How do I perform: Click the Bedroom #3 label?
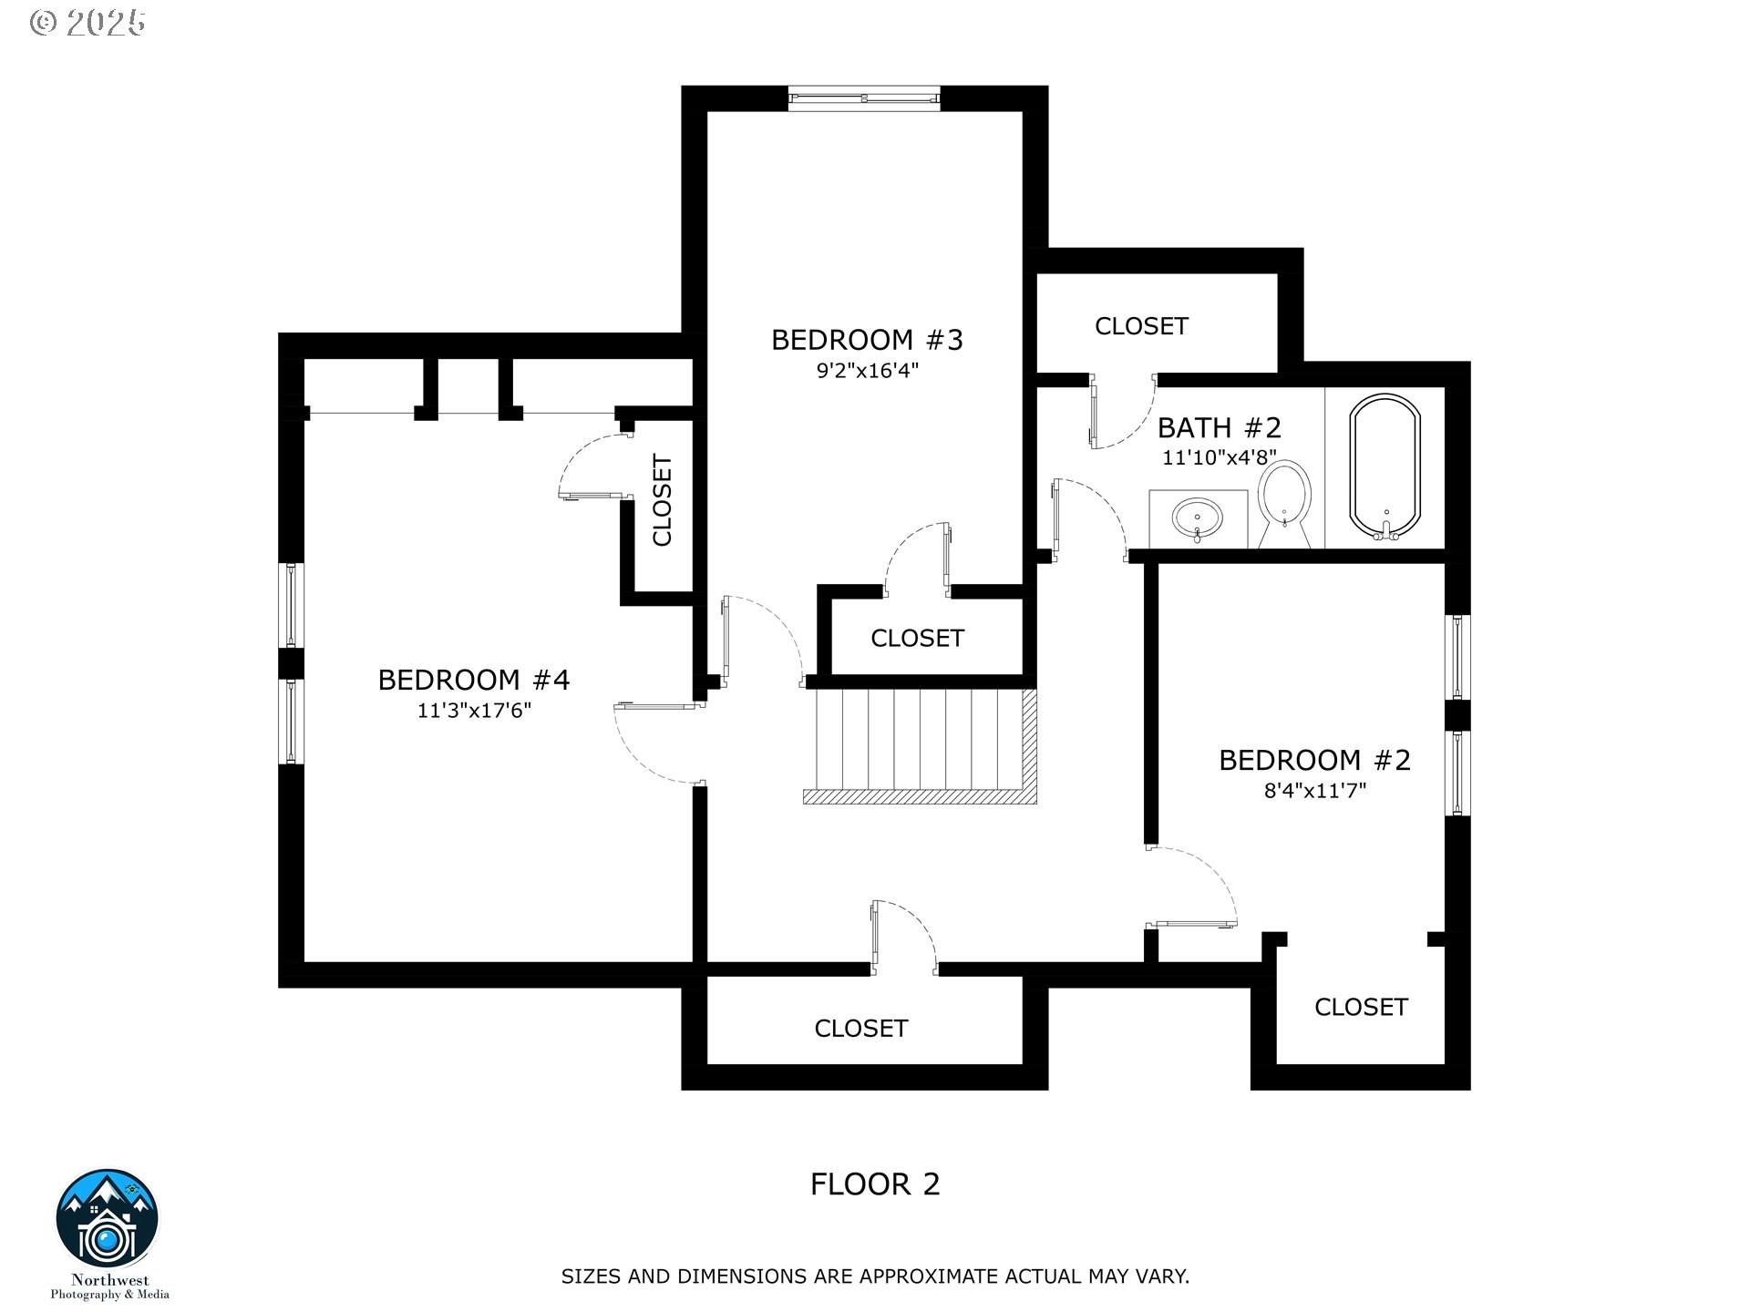[867, 340]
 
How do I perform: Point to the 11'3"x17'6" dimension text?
[474, 711]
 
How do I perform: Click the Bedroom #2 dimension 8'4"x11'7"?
[1314, 791]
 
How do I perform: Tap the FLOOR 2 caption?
[875, 1184]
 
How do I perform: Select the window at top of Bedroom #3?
[863, 97]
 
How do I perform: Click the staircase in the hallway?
[921, 746]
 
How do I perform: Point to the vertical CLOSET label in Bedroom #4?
[663, 501]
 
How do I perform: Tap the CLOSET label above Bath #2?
[1141, 326]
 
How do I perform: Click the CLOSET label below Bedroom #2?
[1361, 1007]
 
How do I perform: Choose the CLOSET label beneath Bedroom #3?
[917, 639]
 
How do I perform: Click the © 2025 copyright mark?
[87, 23]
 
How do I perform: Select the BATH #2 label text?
[1220, 427]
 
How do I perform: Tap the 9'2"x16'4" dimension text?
[867, 371]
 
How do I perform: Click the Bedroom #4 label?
[473, 680]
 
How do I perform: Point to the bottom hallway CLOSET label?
[860, 1029]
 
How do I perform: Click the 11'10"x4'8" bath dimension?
[1219, 457]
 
